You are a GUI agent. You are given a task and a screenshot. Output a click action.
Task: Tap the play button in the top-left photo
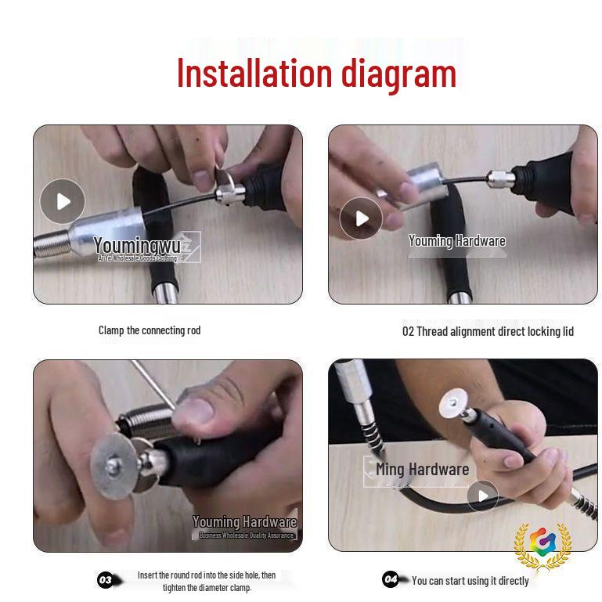click(x=63, y=201)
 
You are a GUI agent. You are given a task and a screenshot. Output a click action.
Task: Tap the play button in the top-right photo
click(x=361, y=218)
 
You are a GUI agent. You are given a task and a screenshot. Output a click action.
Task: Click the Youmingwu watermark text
click(x=137, y=246)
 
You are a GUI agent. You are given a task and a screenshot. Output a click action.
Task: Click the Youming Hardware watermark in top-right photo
click(x=456, y=241)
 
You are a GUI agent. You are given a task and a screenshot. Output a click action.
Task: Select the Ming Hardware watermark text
click(x=422, y=470)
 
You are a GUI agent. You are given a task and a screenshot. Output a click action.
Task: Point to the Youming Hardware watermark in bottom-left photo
click(x=244, y=522)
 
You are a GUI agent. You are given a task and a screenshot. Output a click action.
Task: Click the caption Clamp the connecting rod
click(x=150, y=330)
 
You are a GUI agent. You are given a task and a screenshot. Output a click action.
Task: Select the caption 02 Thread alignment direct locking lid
click(x=488, y=331)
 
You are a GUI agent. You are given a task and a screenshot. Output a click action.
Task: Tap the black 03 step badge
click(x=106, y=580)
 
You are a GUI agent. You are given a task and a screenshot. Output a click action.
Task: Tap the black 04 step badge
click(x=391, y=579)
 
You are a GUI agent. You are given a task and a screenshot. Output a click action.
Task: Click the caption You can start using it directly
click(x=470, y=581)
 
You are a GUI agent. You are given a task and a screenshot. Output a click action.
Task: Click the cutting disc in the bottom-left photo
click(x=113, y=467)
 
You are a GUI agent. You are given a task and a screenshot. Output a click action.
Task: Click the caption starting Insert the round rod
click(x=207, y=581)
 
